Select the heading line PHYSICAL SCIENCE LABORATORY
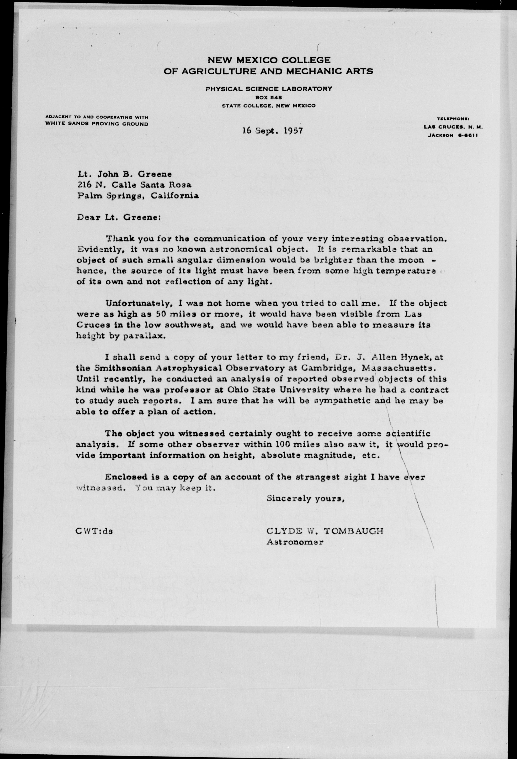click(269, 88)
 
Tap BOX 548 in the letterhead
click(269, 97)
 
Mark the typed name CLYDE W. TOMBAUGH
click(325, 531)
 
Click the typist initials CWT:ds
click(94, 531)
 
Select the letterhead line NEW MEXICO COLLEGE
click(269, 60)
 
